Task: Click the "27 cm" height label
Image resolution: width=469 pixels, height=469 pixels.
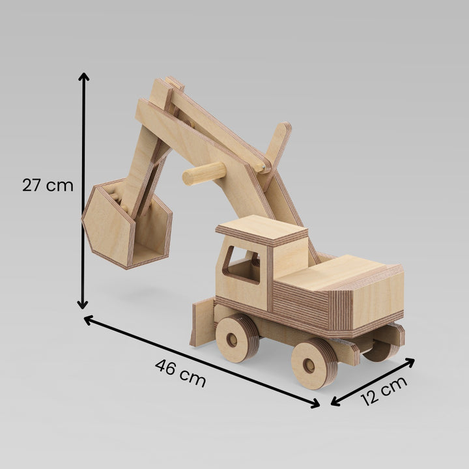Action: pos(48,185)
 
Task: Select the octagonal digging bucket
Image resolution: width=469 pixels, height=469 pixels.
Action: pos(126,225)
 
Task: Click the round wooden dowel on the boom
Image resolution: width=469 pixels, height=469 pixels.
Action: pos(203,174)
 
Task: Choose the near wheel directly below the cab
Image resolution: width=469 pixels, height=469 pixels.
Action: pos(236,338)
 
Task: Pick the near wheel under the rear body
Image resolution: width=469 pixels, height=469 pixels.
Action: pos(313,363)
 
